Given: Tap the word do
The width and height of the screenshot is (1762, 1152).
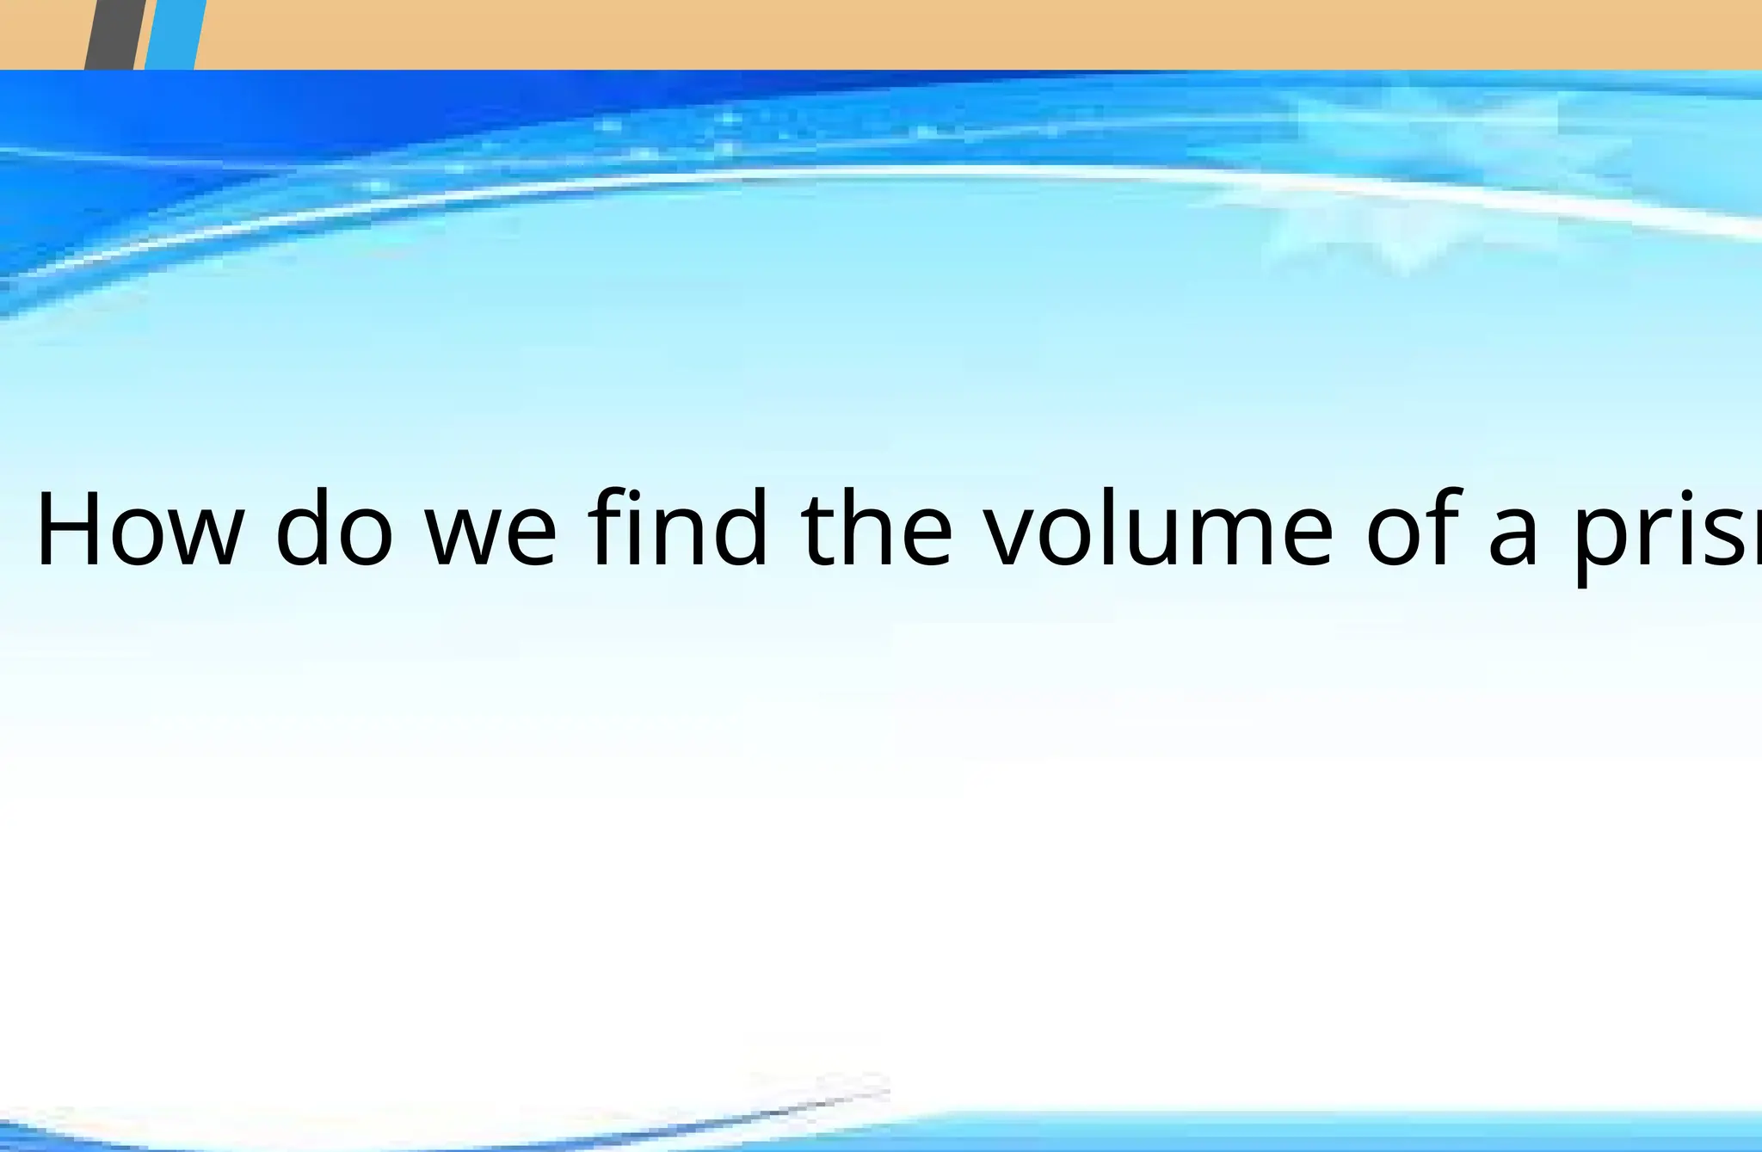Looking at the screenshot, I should coord(334,528).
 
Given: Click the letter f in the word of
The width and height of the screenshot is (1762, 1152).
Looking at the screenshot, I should coord(1445,527).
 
